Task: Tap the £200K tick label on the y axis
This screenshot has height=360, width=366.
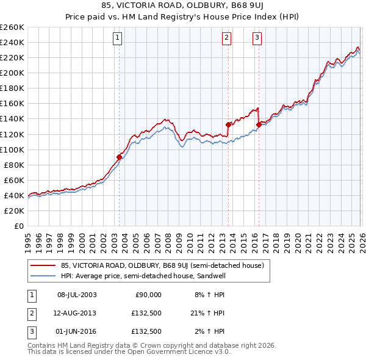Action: coord(12,73)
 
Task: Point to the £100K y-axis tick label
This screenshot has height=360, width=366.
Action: coord(12,149)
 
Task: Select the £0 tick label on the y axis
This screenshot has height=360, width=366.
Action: coord(18,226)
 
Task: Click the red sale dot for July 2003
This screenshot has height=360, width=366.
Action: coord(119,157)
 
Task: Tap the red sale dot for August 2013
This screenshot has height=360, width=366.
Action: coord(228,124)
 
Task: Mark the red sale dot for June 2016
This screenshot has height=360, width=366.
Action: coord(259,124)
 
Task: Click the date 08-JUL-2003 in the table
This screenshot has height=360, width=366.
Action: coord(77,295)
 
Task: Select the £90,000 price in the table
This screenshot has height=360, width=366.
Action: coord(146,295)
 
